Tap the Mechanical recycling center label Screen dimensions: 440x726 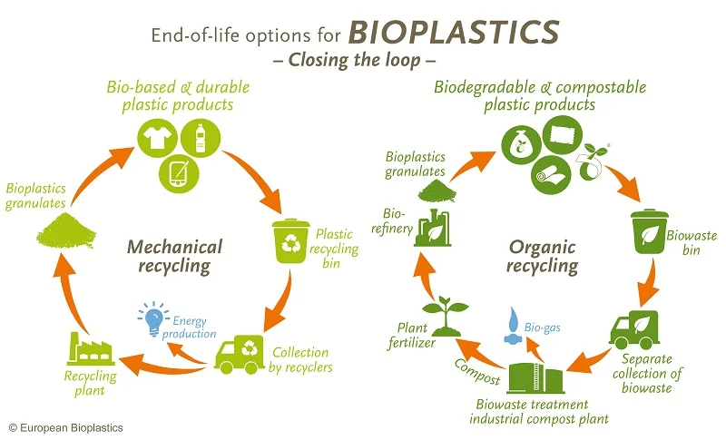click(x=175, y=256)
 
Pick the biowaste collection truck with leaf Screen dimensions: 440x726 click(x=636, y=331)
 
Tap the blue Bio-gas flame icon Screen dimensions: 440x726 click(x=512, y=325)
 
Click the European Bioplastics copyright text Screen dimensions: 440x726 click(x=65, y=426)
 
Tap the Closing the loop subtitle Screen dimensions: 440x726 click(x=363, y=61)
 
